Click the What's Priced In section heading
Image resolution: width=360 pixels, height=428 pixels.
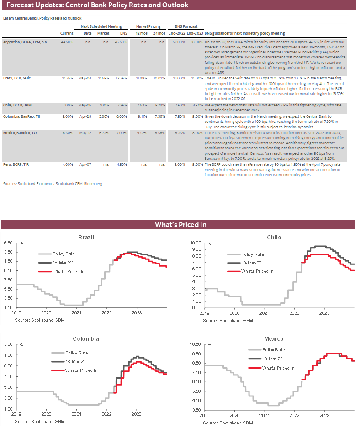click(180, 224)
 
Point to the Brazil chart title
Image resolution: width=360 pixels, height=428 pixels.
click(86, 238)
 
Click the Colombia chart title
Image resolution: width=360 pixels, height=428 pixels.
click(86, 339)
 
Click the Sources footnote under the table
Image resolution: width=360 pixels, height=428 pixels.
click(53, 183)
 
